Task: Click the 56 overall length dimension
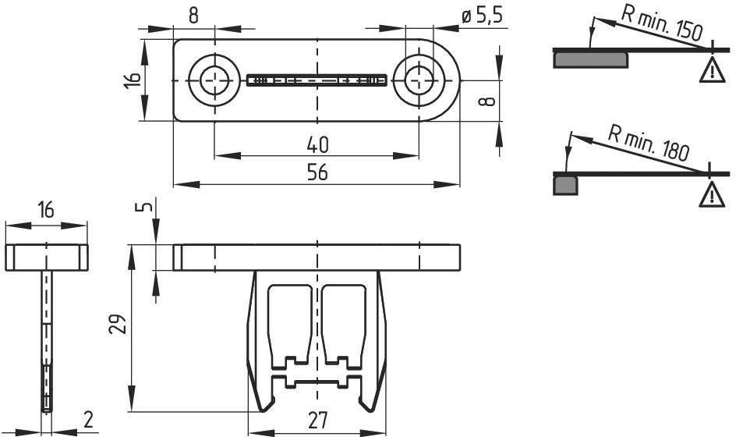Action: coord(317,173)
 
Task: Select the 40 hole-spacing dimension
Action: coord(318,144)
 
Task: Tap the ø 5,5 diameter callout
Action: coord(482,16)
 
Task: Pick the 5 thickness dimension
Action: coord(147,206)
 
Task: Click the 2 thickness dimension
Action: coord(88,419)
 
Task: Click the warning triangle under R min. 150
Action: coord(712,70)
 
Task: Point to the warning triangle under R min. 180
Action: coord(712,194)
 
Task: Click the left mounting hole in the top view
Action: coord(214,80)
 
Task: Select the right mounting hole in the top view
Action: coord(419,80)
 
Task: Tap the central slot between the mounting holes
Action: coord(317,80)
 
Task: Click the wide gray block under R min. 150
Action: coord(590,60)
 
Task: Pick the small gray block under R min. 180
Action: coord(565,185)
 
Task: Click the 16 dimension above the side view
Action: coord(46,210)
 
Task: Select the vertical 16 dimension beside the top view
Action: coord(133,80)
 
